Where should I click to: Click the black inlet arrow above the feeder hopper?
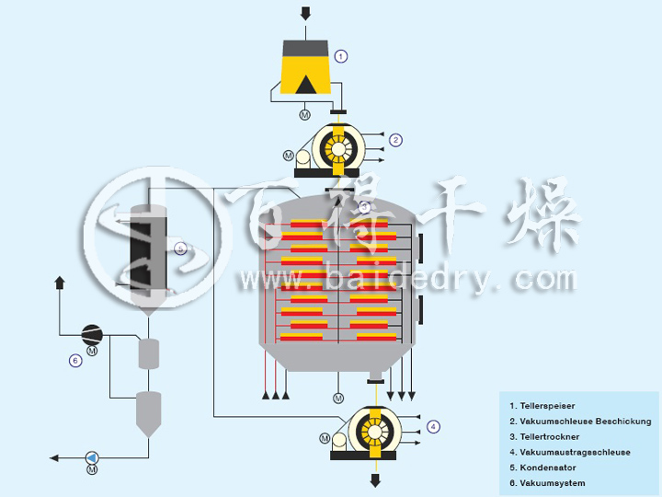coord(305,13)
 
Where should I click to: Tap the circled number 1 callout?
coord(341,56)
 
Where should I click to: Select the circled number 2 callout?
coord(395,140)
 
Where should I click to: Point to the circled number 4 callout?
coord(433,426)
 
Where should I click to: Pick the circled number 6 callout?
coord(75,360)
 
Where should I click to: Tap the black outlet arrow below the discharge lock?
coord(375,480)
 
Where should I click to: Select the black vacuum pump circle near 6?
coord(92,333)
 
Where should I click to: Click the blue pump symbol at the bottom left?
coord(92,457)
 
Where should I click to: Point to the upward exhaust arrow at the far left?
coord(61,282)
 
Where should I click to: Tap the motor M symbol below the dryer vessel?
coord(338,398)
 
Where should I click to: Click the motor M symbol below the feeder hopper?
coord(305,114)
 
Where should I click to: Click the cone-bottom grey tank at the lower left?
coord(148,413)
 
